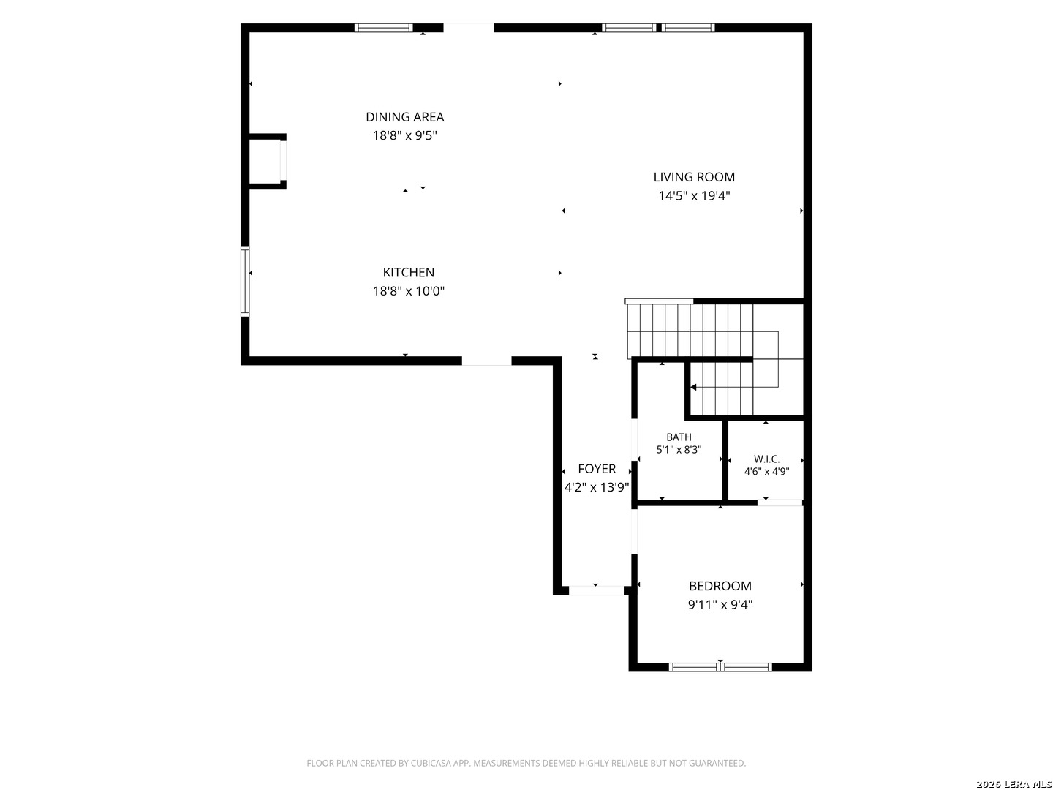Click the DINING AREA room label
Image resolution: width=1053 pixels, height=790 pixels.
click(404, 116)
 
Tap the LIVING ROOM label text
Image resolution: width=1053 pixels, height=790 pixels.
click(694, 176)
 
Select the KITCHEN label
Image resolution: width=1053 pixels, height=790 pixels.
click(408, 272)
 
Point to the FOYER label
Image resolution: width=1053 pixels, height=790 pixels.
click(596, 468)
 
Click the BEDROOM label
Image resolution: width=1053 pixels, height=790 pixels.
click(720, 585)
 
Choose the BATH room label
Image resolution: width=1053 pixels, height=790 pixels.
click(679, 437)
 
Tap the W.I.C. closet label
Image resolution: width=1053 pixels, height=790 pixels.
click(766, 459)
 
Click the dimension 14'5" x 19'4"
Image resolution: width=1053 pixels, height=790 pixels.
click(694, 195)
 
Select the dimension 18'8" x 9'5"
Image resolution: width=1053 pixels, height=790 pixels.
click(404, 135)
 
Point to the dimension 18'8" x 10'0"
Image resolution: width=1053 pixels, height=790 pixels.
click(408, 290)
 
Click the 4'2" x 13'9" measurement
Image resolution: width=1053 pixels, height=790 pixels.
click(596, 487)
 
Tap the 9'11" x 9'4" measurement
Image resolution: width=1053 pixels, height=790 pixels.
click(720, 604)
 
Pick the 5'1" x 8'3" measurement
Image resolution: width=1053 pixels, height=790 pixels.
click(679, 449)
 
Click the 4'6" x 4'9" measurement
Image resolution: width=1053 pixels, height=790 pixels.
click(766, 471)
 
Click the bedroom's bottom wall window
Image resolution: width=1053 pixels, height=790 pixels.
click(720, 666)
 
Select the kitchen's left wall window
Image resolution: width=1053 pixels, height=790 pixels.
click(245, 281)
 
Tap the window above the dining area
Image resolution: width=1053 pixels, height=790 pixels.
click(383, 27)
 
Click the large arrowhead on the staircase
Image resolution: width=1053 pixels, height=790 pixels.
click(692, 387)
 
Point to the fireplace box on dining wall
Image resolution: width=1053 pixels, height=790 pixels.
click(267, 161)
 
